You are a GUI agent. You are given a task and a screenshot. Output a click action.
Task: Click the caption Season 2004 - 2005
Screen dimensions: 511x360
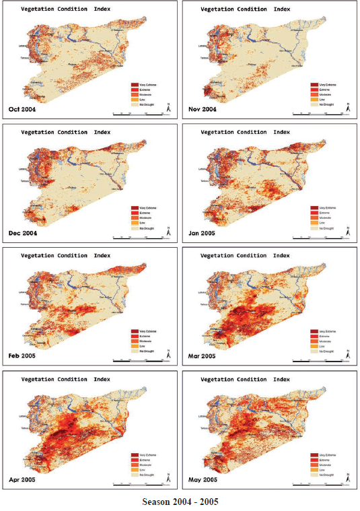[x=180, y=502]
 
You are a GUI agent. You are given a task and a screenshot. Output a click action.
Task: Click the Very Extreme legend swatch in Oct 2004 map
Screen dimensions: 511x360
[x=134, y=84]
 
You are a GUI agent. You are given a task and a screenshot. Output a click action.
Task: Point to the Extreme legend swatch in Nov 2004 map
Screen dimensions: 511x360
[x=312, y=90]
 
